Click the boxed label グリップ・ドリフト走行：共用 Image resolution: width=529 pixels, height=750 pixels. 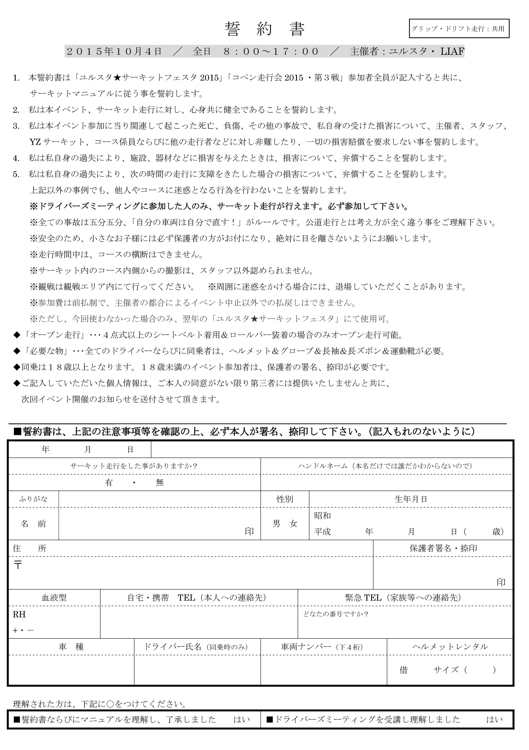coord(459,29)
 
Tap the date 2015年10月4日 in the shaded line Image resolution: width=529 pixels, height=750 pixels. coord(114,51)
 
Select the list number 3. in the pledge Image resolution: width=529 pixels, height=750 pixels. coord(16,126)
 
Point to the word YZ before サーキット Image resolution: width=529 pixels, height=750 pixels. coord(35,142)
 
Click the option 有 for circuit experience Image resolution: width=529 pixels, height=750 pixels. coord(109,483)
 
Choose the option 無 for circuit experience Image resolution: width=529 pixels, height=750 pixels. coord(160,483)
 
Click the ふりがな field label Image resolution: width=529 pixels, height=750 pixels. coord(33,499)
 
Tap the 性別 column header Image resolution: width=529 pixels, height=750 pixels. coord(284,499)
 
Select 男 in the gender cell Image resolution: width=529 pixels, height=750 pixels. coord(276,523)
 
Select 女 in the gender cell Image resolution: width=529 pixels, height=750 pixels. coord(293,523)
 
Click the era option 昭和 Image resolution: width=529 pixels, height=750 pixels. coord(322,515)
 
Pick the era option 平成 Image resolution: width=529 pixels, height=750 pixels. coord(322,532)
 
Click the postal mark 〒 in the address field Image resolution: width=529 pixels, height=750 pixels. coord(18,565)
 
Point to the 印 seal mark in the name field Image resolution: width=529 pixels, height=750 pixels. coord(249,532)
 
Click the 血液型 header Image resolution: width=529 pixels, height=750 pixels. coord(54,597)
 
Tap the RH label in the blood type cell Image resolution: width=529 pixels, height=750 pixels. coord(19,615)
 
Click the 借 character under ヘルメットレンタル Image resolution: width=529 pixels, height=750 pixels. coord(404,670)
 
